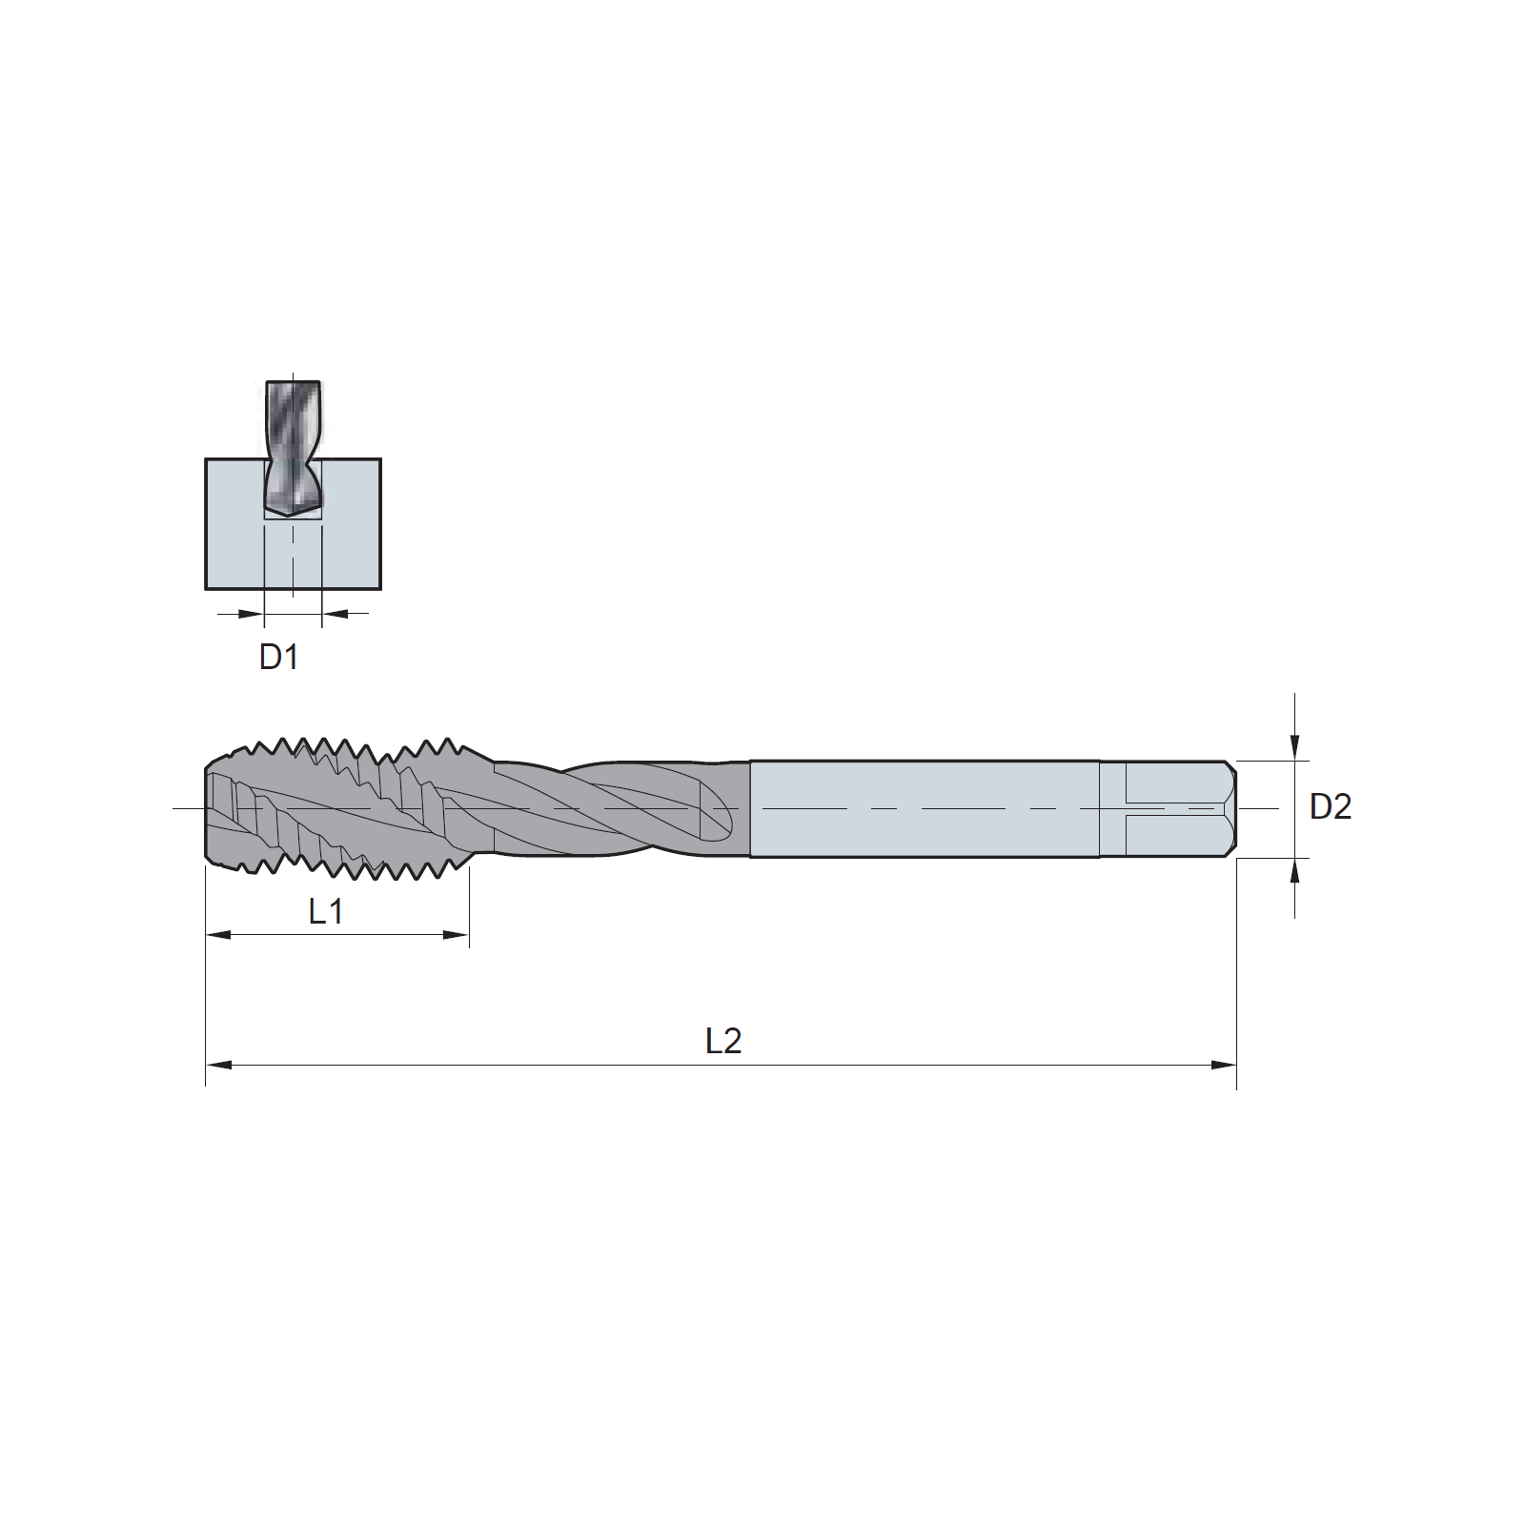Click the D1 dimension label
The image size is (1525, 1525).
pos(279,658)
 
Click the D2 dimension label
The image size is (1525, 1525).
pos(1331,807)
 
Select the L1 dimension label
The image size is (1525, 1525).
pos(325,912)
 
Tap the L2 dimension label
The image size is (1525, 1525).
pos(723,1041)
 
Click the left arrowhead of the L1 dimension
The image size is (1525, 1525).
pos(218,935)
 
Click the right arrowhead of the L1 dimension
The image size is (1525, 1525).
pos(457,935)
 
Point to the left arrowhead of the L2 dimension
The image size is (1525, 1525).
pos(218,1065)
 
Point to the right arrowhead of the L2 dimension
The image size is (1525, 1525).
pos(1224,1065)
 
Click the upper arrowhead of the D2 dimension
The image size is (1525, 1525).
pos(1294,748)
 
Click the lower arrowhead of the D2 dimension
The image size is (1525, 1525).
pos(1294,871)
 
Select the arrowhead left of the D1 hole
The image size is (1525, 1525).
pos(251,614)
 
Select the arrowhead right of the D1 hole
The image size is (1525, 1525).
pos(335,614)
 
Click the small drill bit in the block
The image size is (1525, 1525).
pos(293,449)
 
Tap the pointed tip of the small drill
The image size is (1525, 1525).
pos(293,517)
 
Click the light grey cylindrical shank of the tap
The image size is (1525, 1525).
pos(924,809)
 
